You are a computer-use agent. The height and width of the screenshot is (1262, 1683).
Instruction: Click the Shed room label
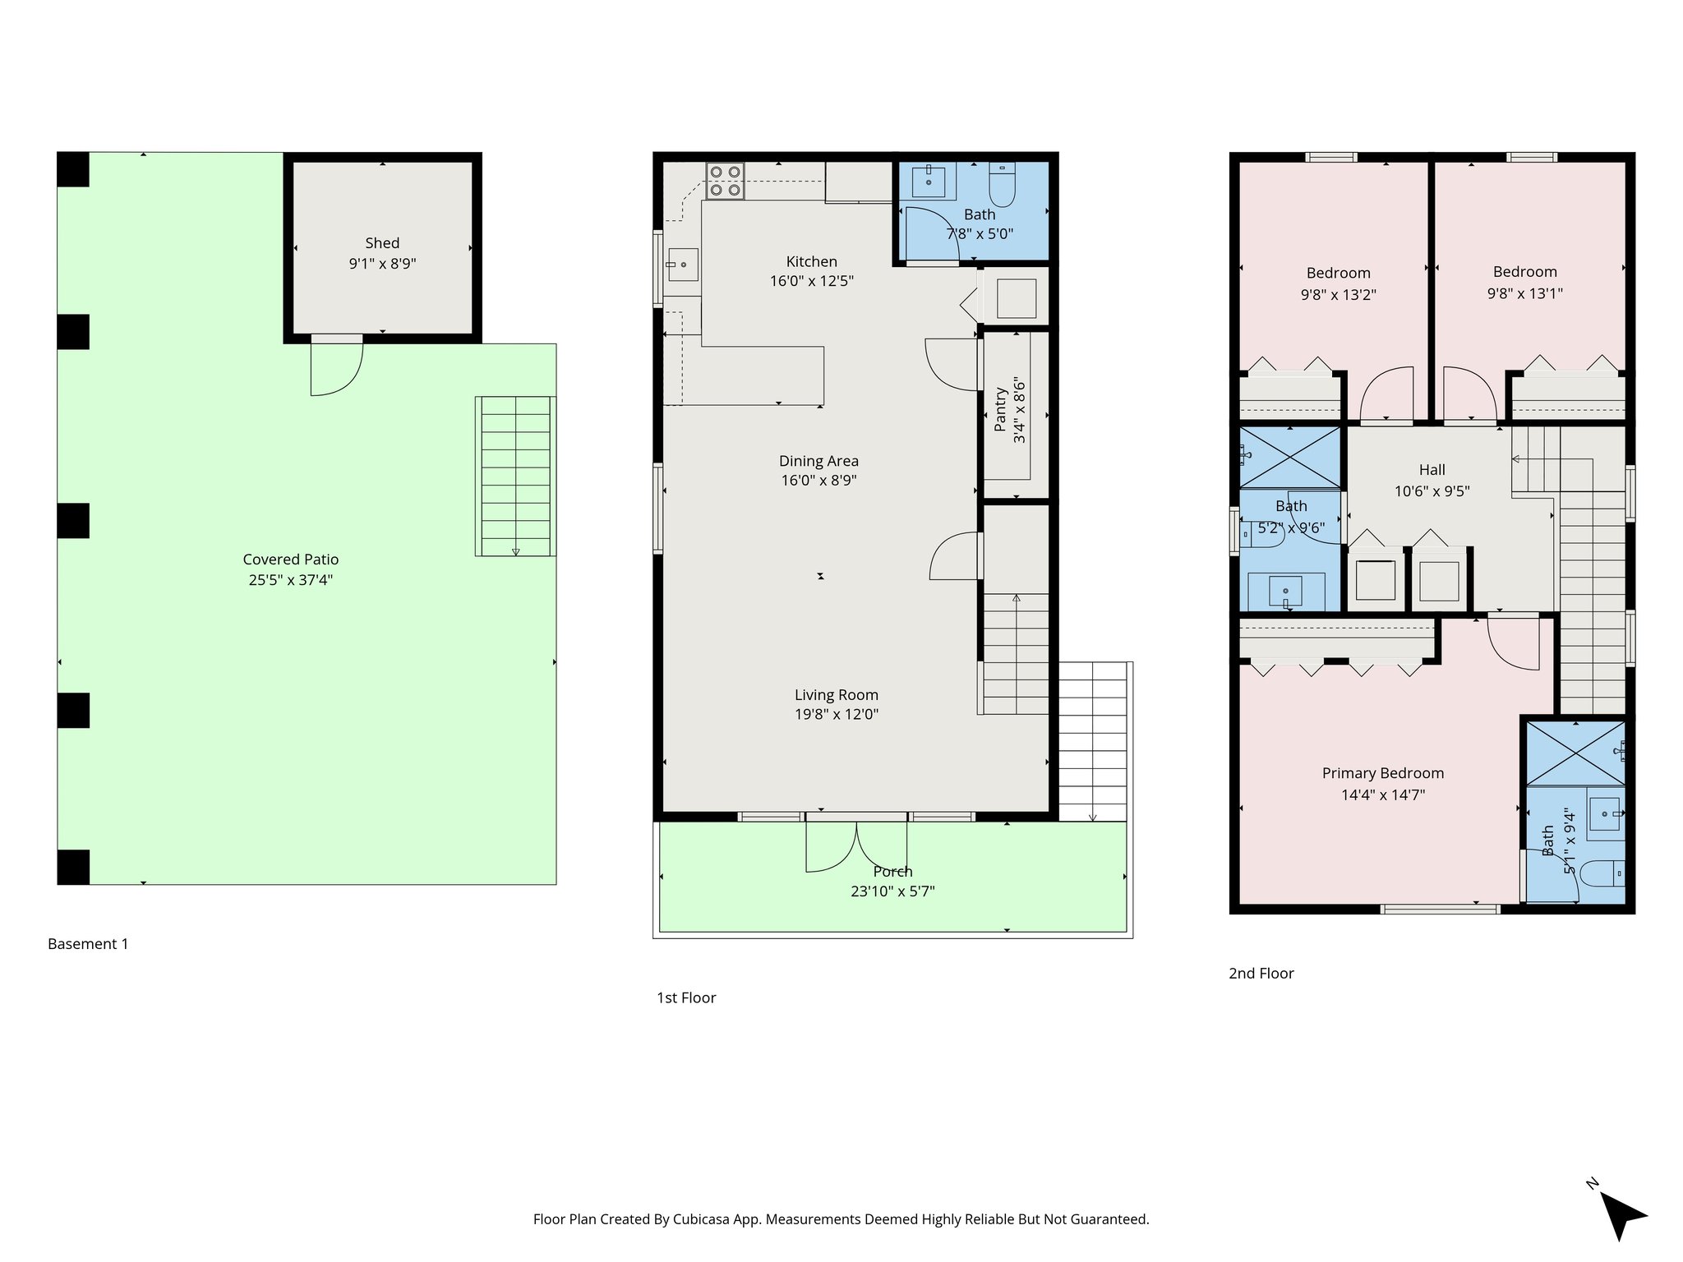pos(382,243)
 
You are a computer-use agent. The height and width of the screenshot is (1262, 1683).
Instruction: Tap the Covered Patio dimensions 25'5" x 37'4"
pos(291,580)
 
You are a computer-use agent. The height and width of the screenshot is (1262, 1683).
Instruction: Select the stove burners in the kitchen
pos(725,182)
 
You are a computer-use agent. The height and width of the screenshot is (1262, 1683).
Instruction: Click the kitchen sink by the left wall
pos(682,265)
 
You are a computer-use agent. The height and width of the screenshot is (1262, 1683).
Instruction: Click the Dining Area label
pos(818,461)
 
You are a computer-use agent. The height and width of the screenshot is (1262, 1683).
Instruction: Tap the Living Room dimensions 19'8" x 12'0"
pos(836,715)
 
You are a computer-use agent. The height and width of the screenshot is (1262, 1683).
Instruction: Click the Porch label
pos(892,872)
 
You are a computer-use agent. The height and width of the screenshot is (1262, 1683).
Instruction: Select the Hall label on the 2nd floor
pos(1432,470)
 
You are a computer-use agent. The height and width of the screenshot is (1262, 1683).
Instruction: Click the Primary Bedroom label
pos(1382,773)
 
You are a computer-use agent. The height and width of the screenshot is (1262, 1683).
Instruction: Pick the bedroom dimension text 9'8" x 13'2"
pos(1338,294)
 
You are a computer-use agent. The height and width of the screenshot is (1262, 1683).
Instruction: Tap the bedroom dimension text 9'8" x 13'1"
pos(1524,293)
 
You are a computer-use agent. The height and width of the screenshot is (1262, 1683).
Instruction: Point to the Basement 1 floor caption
pos(88,944)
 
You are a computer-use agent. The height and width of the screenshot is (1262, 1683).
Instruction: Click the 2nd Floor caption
pos(1261,974)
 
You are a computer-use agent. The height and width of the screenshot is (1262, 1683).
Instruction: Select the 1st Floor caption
pos(686,998)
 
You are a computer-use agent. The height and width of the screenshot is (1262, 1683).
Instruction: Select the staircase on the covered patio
pos(515,477)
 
